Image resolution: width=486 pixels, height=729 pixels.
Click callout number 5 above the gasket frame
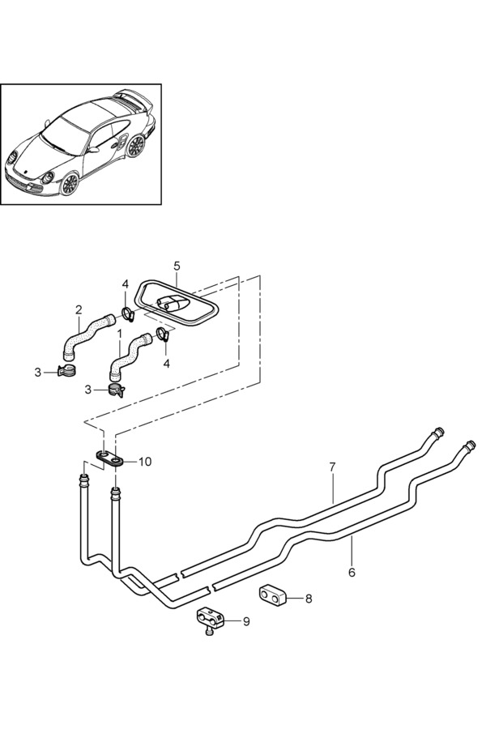(x=177, y=266)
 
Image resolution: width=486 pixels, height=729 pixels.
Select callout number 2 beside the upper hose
(x=79, y=309)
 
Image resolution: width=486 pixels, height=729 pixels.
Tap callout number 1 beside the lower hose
(x=120, y=334)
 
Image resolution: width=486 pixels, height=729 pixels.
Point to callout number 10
(x=145, y=462)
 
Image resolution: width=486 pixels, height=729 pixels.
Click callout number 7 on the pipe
(x=332, y=467)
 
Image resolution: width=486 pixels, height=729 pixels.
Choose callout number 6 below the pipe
(x=352, y=573)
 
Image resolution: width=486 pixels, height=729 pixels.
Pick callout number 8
(x=309, y=599)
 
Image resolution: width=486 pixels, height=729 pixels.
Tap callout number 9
(x=246, y=621)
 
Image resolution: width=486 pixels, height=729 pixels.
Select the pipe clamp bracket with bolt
(x=210, y=618)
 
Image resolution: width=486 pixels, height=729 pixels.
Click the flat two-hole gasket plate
(x=111, y=458)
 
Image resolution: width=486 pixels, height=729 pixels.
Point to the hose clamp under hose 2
(x=66, y=371)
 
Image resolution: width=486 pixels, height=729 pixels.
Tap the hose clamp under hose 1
(x=116, y=389)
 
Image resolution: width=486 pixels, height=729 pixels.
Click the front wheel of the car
(x=70, y=183)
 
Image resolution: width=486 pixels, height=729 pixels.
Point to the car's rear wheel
(x=136, y=146)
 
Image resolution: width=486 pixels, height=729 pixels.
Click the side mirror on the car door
(x=93, y=150)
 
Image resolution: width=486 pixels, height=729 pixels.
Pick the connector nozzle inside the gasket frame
(x=171, y=303)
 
